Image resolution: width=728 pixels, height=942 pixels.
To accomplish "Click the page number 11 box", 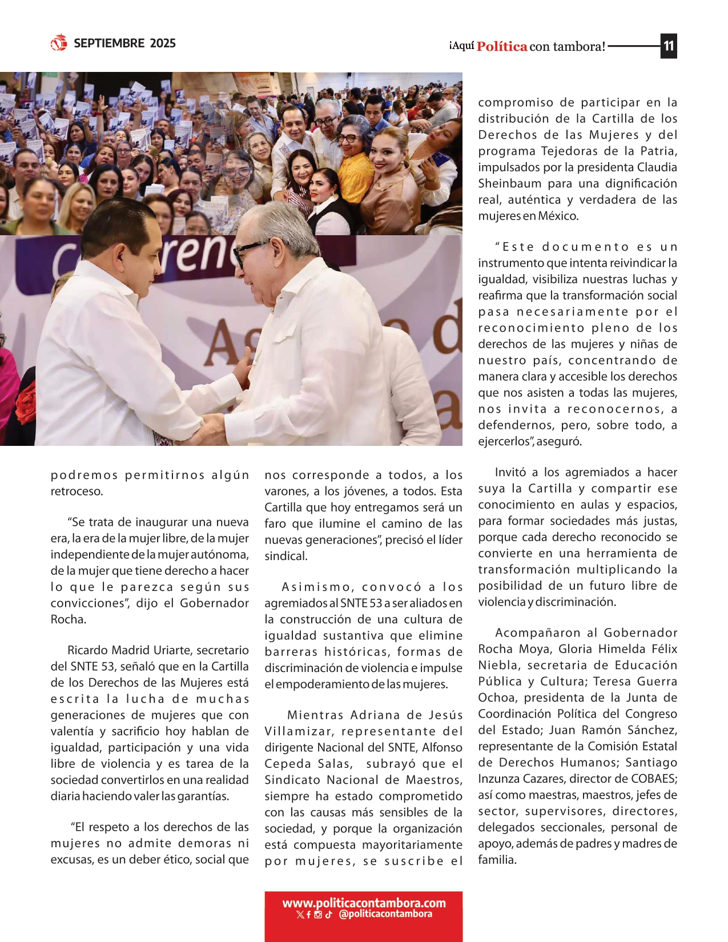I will pyautogui.click(x=669, y=46).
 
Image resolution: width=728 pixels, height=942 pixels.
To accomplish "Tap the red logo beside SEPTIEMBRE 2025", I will pyautogui.click(x=59, y=43).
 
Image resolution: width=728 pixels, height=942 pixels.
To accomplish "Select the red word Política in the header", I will pyautogui.click(x=502, y=46).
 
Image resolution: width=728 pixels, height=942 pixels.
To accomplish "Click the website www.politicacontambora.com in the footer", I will pyautogui.click(x=364, y=903).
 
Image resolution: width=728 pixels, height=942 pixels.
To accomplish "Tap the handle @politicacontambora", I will pyautogui.click(x=385, y=914).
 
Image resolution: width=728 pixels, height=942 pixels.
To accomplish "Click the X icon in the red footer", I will pyautogui.click(x=300, y=915).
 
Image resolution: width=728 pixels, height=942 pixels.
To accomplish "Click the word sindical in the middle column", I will pyautogui.click(x=285, y=556).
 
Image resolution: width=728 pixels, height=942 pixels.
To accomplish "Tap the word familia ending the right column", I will pyautogui.click(x=497, y=860).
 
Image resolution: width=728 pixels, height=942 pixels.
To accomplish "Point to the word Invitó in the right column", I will pyautogui.click(x=510, y=472).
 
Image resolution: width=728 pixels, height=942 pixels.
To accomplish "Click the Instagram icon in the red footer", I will pyautogui.click(x=319, y=915).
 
